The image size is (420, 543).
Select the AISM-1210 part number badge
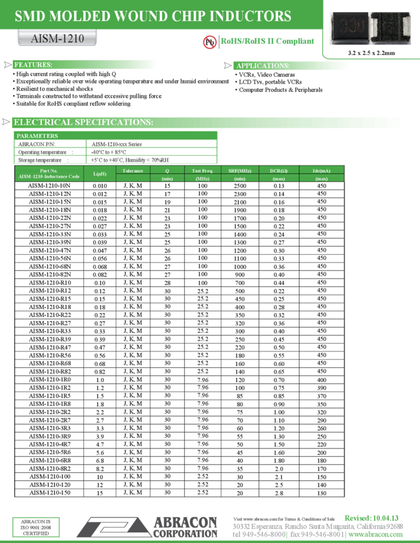[x=58, y=38]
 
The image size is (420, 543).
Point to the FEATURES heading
[x=33, y=65]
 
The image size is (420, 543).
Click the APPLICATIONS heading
[x=263, y=66]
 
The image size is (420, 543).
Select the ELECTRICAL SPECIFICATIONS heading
[x=83, y=122]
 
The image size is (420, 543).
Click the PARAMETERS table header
[x=37, y=136]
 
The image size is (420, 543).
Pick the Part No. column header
[x=49, y=171]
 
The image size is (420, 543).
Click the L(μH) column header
[x=100, y=174]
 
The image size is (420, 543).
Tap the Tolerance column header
[x=132, y=171]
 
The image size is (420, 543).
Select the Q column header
[x=167, y=171]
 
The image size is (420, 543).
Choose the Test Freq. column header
[x=203, y=171]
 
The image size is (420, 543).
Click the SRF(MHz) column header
[x=240, y=171]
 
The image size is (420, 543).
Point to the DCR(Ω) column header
[x=279, y=171]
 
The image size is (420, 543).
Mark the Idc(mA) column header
[x=322, y=171]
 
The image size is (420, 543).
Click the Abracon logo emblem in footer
[x=113, y=527]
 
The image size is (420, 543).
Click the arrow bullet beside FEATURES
[x=8, y=65]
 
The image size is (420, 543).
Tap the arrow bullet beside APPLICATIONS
[x=228, y=65]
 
